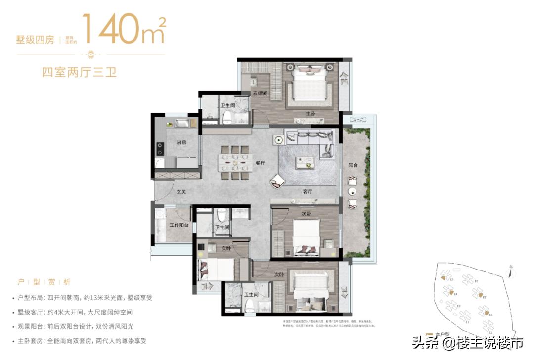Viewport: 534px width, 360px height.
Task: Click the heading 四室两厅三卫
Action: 79,72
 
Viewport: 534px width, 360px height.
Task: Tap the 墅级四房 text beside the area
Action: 35,40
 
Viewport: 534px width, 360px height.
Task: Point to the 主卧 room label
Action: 310,114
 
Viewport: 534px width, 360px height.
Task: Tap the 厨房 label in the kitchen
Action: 181,142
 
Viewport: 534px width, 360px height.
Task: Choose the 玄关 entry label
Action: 181,191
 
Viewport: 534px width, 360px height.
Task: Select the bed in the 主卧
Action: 310,87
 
